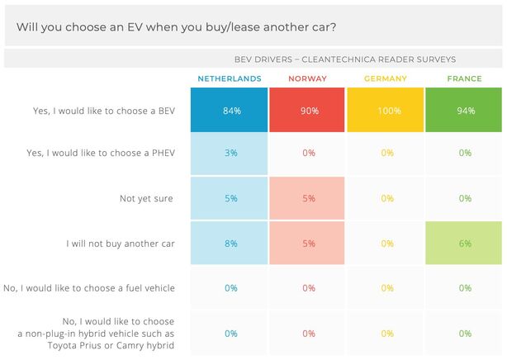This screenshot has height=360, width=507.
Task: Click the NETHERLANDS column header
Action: (230, 79)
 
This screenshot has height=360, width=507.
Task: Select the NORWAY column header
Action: (308, 79)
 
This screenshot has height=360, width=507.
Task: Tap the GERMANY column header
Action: (386, 79)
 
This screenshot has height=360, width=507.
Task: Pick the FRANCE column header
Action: (464, 79)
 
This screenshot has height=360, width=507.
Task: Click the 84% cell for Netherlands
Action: (230, 111)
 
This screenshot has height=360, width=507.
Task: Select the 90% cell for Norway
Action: (308, 111)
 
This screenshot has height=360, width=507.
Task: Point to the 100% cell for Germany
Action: (386, 111)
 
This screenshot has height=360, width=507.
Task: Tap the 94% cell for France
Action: (464, 111)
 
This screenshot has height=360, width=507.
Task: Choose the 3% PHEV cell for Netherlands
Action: (230, 153)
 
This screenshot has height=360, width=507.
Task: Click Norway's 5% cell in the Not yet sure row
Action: (308, 198)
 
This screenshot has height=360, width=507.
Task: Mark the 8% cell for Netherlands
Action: (230, 244)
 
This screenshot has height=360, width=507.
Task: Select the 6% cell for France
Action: (464, 244)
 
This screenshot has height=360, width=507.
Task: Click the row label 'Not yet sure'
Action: (147, 198)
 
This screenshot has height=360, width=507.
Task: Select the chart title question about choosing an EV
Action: (176, 27)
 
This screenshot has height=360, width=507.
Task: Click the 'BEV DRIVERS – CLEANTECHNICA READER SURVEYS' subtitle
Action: (345, 59)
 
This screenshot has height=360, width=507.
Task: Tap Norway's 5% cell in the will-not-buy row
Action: (308, 244)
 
